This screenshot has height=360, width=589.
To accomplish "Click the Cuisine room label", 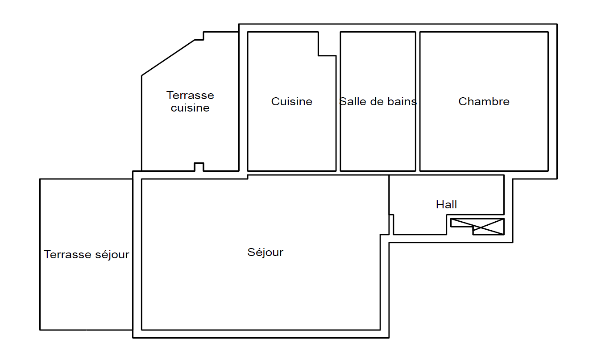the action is pyautogui.click(x=292, y=102).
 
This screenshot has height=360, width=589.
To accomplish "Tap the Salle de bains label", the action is pyautogui.click(x=378, y=102).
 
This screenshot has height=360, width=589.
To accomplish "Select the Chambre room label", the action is pyautogui.click(x=484, y=102).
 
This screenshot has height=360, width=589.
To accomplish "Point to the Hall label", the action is pyautogui.click(x=446, y=205).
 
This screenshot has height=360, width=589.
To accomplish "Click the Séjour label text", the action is pyautogui.click(x=265, y=252).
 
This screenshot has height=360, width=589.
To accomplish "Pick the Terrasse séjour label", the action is pyautogui.click(x=86, y=255).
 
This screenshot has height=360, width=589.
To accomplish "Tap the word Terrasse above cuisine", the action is pyautogui.click(x=190, y=95).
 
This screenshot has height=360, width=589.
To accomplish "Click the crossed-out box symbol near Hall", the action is pyautogui.click(x=477, y=227).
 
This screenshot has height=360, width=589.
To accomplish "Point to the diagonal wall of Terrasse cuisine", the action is pyautogui.click(x=168, y=58).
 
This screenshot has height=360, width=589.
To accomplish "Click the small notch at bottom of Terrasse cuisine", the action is pyautogui.click(x=199, y=167).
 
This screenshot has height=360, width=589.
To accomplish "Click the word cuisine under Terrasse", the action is pyautogui.click(x=190, y=108).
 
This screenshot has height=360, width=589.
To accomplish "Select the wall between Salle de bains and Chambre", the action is pyautogui.click(x=418, y=102).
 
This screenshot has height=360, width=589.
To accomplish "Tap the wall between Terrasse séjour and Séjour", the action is pyautogui.click(x=133, y=255).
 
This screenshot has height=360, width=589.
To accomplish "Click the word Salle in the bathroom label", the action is pyautogui.click(x=352, y=102).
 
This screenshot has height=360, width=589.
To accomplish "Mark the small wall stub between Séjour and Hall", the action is pyautogui.click(x=391, y=224).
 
